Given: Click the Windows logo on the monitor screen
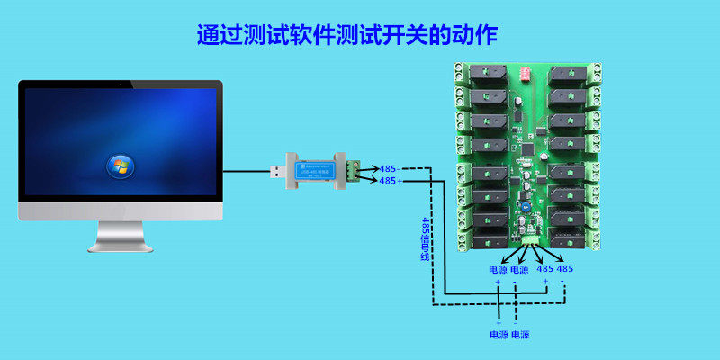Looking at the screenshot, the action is (x=119, y=165).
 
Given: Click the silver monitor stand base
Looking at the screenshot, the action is (x=120, y=244).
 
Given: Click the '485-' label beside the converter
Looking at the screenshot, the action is (x=389, y=168).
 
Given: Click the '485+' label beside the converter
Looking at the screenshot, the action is (x=389, y=181).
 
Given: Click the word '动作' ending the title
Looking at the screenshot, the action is (x=478, y=35).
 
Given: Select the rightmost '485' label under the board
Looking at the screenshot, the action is (x=564, y=268).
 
